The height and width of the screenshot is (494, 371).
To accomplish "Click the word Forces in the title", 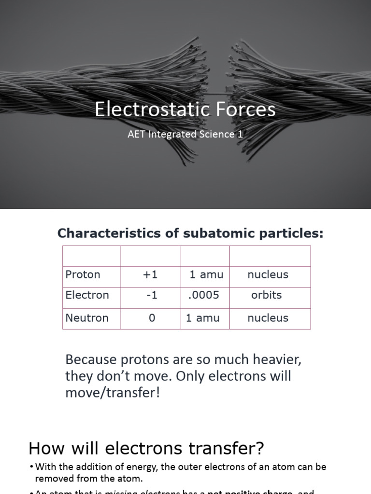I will coord(246,110).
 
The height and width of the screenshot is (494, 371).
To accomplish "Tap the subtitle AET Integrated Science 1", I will coord(185,134).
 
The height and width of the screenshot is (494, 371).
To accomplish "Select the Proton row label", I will coord(83,274).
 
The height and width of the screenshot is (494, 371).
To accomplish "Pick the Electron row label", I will coord(87,295).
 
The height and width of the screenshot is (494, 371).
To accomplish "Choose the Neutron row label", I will coord(87,318).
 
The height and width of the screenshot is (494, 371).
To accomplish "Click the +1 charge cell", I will coord(150,274).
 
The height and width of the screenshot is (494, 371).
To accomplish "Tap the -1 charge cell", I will coord(151,295).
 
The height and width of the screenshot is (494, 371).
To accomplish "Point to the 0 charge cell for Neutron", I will coord(152,318).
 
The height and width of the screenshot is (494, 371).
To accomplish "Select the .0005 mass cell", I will coord(203,295).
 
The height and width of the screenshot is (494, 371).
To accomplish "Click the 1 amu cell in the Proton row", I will coord(206,274).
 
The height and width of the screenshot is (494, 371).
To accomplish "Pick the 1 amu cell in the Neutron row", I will coord(203,318).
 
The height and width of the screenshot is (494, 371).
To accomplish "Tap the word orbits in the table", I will coord(266,295).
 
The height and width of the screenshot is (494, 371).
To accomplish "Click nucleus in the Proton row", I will coord(268,274).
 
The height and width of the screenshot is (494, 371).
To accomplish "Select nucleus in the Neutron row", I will coord(268,318).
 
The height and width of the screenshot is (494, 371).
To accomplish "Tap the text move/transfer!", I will coord(112,392).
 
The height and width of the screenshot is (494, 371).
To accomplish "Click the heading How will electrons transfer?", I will coord(146,449).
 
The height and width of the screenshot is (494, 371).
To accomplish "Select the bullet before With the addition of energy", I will coord(31,467).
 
